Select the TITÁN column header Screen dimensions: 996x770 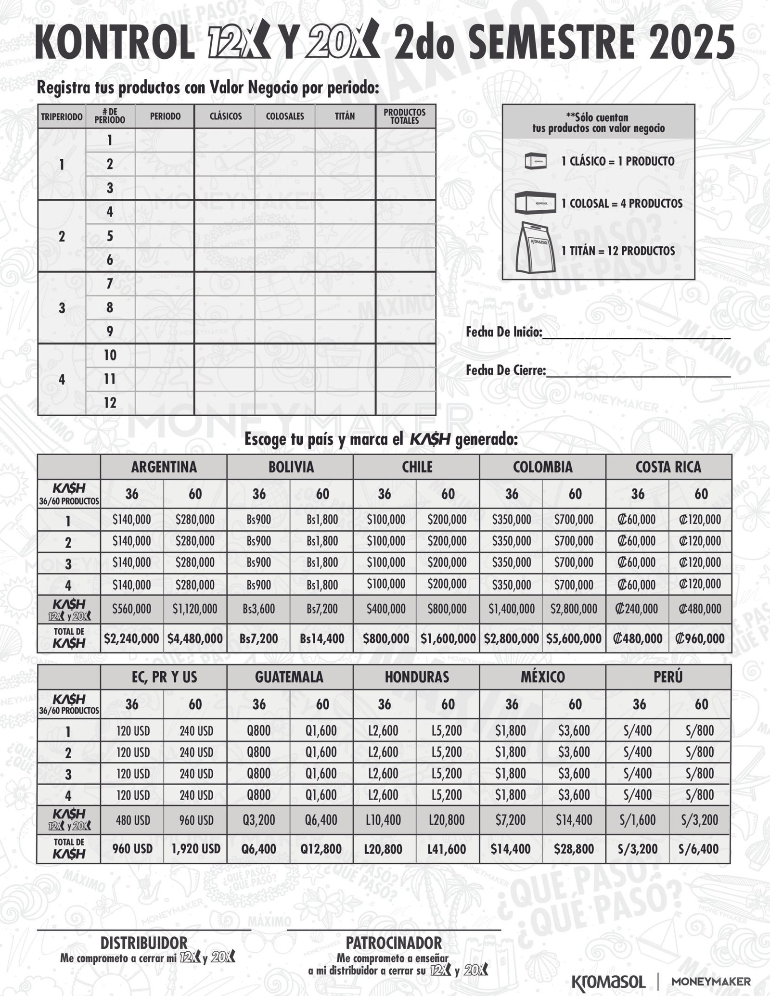tap(345, 116)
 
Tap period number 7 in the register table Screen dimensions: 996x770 tap(110, 284)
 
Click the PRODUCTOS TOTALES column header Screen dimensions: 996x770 tap(404, 116)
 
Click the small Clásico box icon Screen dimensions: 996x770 tap(535, 161)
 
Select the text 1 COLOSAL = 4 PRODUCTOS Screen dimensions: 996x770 tap(622, 204)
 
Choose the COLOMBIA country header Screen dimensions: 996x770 tap(542, 467)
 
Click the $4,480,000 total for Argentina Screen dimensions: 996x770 tap(195, 638)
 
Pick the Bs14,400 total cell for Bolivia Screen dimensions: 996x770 tap(322, 638)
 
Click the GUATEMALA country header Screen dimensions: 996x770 tap(289, 677)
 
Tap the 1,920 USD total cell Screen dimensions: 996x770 tap(195, 849)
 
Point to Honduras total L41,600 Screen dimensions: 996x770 tap(447, 849)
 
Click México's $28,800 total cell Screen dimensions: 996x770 tap(574, 849)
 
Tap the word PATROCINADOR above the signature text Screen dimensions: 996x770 tap(394, 942)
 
